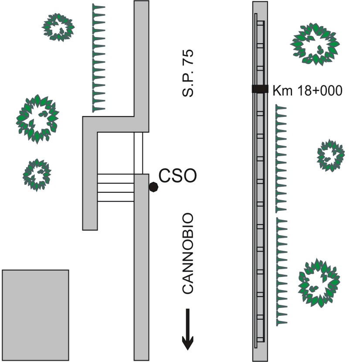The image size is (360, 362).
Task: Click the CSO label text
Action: [178, 176]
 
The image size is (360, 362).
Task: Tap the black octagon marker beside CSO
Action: [153, 187]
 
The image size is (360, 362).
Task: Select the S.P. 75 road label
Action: [187, 73]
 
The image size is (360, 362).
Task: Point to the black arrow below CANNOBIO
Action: [187, 329]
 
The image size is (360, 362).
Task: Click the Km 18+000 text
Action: [307, 91]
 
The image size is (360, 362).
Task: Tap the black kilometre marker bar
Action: [260, 89]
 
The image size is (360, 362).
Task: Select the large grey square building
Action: [36, 315]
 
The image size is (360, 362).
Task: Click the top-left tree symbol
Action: [58, 27]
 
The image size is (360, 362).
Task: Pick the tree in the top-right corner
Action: [315, 44]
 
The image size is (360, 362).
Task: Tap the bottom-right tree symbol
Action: [319, 283]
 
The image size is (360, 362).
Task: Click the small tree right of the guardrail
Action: [331, 155]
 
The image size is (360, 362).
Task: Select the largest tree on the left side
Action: [37, 119]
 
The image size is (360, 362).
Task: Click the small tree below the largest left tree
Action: [37, 175]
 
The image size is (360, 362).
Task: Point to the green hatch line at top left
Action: [98, 58]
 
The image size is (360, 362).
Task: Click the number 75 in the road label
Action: [187, 58]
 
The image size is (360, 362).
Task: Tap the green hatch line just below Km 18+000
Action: [281, 159]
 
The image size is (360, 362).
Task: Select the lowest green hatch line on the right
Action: [282, 272]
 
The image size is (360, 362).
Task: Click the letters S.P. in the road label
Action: [187, 85]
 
